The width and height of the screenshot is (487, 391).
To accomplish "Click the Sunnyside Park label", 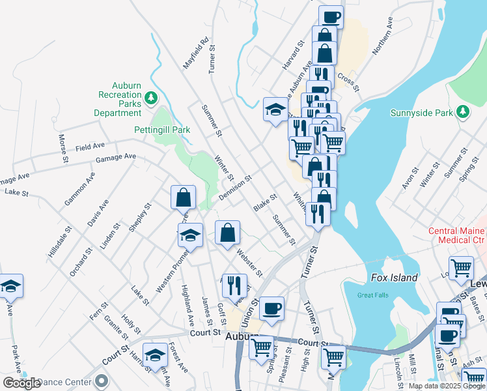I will pyautogui.click(x=421, y=113).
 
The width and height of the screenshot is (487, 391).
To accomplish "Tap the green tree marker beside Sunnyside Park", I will pyautogui.click(x=462, y=111).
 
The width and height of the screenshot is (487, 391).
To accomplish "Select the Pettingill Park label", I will pyautogui.click(x=162, y=130).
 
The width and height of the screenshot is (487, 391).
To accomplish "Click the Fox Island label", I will pyautogui.click(x=394, y=278).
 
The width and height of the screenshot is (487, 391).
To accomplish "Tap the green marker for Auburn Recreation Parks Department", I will pyautogui.click(x=151, y=98).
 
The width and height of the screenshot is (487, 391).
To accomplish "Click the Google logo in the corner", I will pyautogui.click(x=21, y=383).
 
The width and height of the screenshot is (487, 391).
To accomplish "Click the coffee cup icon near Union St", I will pyautogui.click(x=272, y=308).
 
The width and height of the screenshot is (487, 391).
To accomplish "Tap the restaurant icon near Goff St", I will pyautogui.click(x=234, y=285).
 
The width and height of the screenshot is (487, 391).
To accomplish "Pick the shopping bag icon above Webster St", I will pyautogui.click(x=228, y=233).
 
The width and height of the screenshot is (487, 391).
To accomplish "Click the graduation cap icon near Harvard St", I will pyautogui.click(x=275, y=109).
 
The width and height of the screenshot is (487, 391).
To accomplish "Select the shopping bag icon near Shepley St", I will pyautogui.click(x=184, y=197).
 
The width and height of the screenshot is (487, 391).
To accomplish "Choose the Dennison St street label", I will pyautogui.click(x=235, y=188).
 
